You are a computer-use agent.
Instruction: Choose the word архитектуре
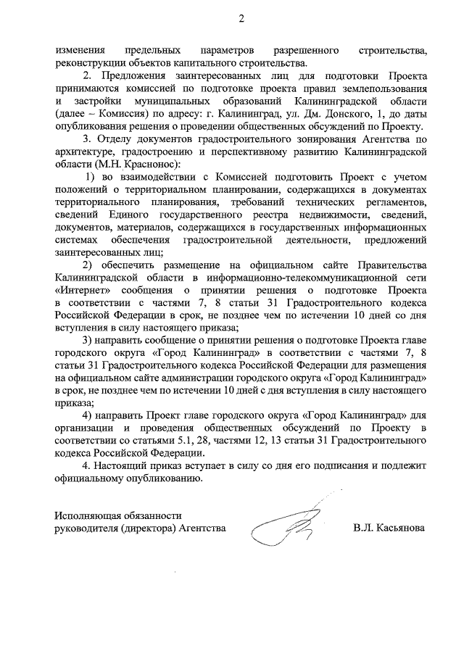86,151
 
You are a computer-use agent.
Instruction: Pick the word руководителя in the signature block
86,528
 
